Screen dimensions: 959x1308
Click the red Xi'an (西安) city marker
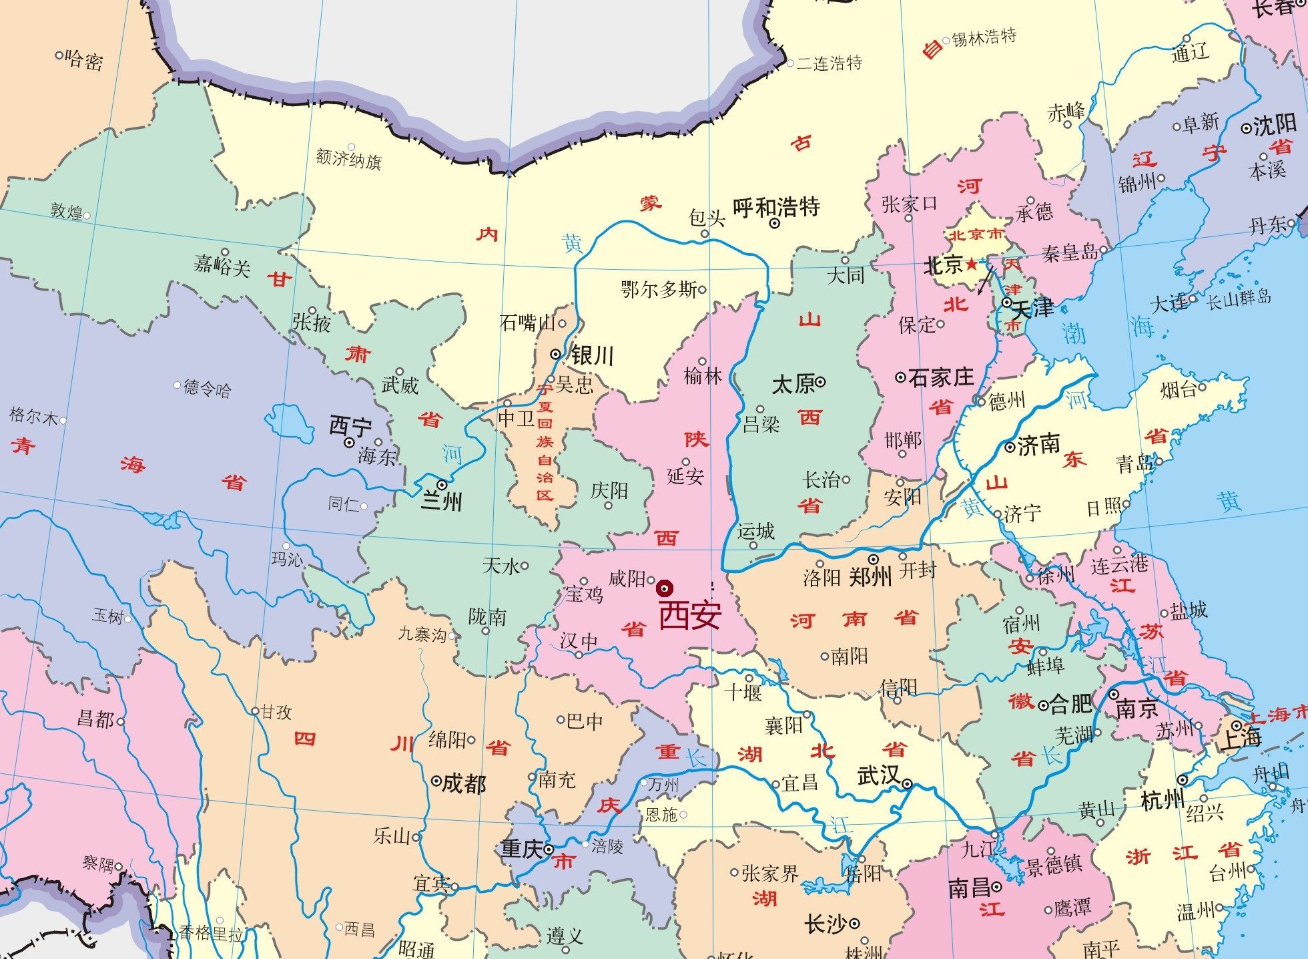[x=665, y=588]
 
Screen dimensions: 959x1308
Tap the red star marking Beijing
[x=971, y=265]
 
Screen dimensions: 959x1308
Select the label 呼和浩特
[x=776, y=206]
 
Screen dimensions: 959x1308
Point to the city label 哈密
[x=85, y=61]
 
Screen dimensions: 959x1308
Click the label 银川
[x=591, y=355]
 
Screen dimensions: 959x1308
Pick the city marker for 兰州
[x=442, y=484]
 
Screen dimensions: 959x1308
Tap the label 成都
[x=464, y=783]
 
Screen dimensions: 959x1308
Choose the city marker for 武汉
[x=908, y=784]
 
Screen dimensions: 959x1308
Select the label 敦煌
[x=66, y=211]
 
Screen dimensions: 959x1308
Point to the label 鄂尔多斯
[x=659, y=289]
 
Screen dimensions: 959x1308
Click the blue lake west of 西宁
[x=290, y=423]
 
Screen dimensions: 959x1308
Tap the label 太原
[x=793, y=384]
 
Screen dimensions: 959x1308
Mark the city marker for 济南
[x=1010, y=447]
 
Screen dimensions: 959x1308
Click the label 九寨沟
[x=422, y=634]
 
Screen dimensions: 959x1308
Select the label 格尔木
[x=33, y=416]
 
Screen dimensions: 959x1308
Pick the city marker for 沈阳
[x=1246, y=128]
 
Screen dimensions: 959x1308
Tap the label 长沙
[x=826, y=924]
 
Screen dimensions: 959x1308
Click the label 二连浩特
[x=829, y=63]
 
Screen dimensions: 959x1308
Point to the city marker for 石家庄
[x=900, y=378]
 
